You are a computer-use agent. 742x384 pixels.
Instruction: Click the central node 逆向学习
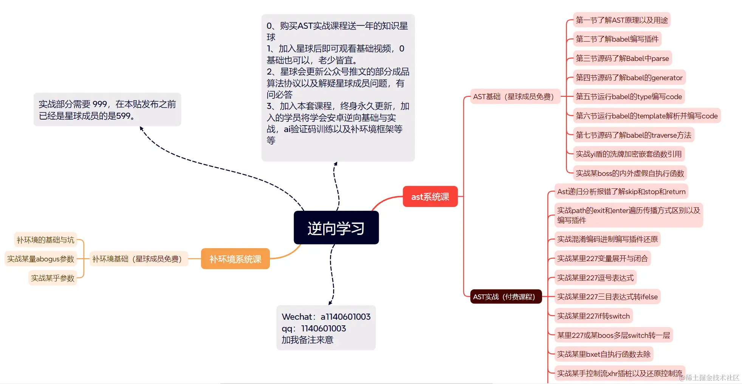click(x=336, y=228)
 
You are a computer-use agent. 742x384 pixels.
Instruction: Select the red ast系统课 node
click(x=430, y=197)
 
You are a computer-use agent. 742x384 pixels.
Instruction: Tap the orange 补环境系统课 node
click(x=235, y=259)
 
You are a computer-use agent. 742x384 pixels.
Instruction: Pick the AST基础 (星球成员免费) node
click(x=513, y=96)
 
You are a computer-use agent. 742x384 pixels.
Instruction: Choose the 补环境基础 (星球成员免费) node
click(x=137, y=259)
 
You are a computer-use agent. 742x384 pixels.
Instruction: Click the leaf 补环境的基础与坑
click(x=45, y=240)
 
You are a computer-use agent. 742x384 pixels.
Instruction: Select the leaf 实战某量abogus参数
click(x=40, y=259)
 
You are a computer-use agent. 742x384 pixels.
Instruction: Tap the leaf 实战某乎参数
click(x=53, y=278)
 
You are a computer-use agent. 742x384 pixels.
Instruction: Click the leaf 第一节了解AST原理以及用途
click(x=622, y=20)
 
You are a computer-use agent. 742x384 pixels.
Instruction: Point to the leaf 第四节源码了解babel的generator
click(x=629, y=78)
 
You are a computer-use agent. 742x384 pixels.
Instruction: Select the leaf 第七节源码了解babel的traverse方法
click(x=633, y=135)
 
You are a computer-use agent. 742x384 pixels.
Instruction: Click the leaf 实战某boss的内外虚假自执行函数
click(x=630, y=173)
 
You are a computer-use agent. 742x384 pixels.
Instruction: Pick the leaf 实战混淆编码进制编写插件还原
click(x=607, y=239)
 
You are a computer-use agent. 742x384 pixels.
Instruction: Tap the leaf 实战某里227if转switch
click(x=593, y=316)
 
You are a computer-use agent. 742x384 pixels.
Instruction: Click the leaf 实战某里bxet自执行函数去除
click(x=604, y=354)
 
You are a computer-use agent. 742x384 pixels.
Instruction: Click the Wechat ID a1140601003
click(x=345, y=317)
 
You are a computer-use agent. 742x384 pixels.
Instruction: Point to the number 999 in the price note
click(x=100, y=104)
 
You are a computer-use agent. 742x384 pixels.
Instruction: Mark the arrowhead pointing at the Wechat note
click(x=330, y=303)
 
